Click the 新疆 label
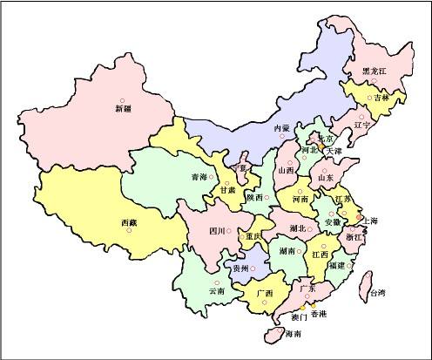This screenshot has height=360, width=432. pyautogui.click(x=123, y=110)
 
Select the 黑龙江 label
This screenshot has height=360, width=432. pyautogui.click(x=376, y=71)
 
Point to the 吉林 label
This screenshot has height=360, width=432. pyautogui.click(x=381, y=98)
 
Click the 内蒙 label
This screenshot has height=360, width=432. pyautogui.click(x=281, y=128)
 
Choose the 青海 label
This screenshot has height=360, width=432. pyautogui.click(x=199, y=177)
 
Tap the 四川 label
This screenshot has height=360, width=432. pyautogui.click(x=218, y=231)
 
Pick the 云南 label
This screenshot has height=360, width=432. pyautogui.click(x=216, y=290)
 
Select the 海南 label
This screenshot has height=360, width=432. pyautogui.click(x=294, y=334)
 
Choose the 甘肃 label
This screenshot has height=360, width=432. pyautogui.click(x=227, y=189)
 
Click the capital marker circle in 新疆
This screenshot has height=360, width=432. pyautogui.click(x=123, y=100)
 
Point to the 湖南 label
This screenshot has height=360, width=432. pyautogui.click(x=288, y=250)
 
